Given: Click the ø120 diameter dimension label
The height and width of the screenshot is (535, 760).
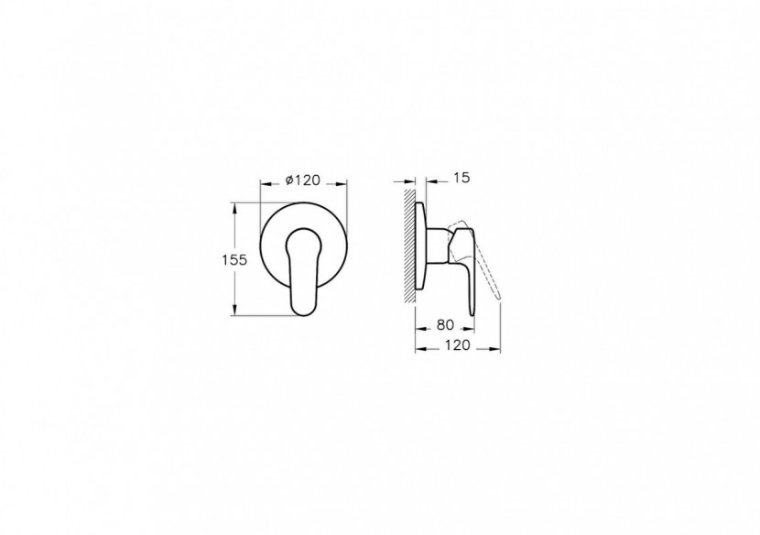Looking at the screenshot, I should pos(302,180).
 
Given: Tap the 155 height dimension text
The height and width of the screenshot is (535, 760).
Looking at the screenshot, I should pos(234,260).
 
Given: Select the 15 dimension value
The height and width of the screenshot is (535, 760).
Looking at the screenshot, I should pos(461,179).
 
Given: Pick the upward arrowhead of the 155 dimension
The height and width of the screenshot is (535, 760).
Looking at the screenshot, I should pos(236,206).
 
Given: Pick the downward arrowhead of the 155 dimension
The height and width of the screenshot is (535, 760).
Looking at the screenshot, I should pos(236,312).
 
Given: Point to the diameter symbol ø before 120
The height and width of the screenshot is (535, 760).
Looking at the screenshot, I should pos(288,180).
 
